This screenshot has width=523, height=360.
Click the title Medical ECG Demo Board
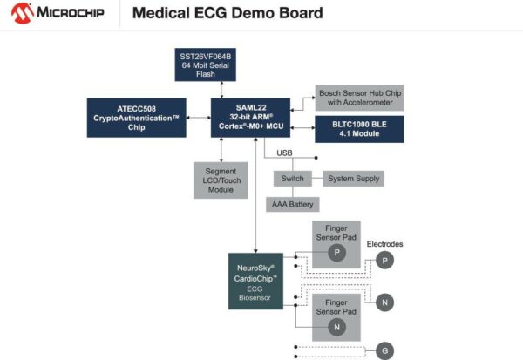click(x=227, y=13)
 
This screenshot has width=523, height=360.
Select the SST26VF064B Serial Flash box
click(x=222, y=63)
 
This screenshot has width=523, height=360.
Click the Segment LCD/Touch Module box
click(x=221, y=179)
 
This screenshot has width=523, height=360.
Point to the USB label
click(x=284, y=153)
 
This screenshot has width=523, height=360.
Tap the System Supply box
click(x=353, y=178)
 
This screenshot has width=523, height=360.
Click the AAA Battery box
click(x=293, y=204)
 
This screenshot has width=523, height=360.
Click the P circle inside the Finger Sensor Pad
click(x=336, y=251)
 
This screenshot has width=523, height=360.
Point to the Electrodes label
click(x=385, y=243)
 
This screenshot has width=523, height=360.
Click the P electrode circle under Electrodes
click(x=385, y=260)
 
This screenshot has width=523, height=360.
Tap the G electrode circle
click(x=385, y=351)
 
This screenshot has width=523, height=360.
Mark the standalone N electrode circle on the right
click(x=385, y=302)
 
